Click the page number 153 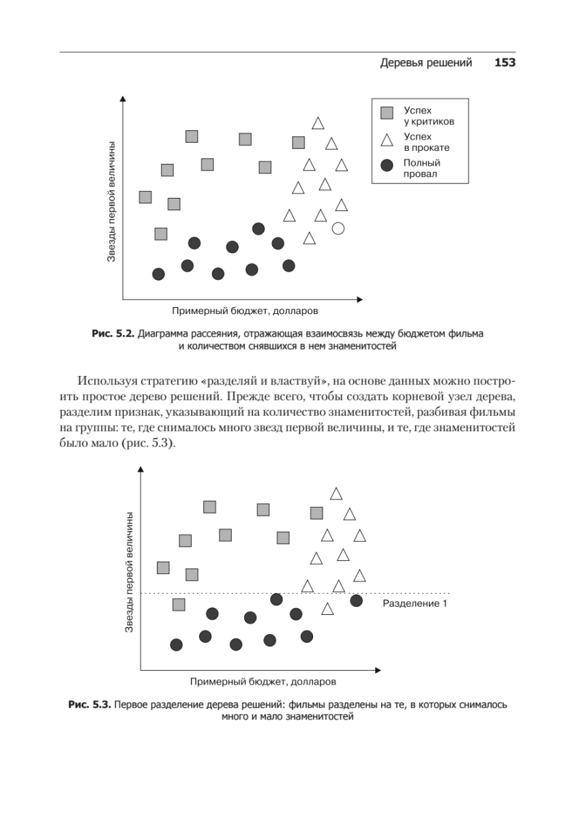tap(504, 63)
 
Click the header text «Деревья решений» tap(426, 63)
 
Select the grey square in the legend tap(387, 113)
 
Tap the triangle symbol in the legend tap(387, 140)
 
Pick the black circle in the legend tap(387, 167)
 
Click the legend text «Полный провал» tap(421, 169)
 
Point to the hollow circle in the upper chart tap(338, 229)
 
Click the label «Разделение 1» tap(414, 603)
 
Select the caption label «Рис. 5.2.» tap(113, 334)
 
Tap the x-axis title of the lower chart tap(263, 681)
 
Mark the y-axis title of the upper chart tap(111, 201)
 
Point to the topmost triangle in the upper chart tap(318, 124)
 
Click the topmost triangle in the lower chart tap(336, 494)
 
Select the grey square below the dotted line tap(179, 605)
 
